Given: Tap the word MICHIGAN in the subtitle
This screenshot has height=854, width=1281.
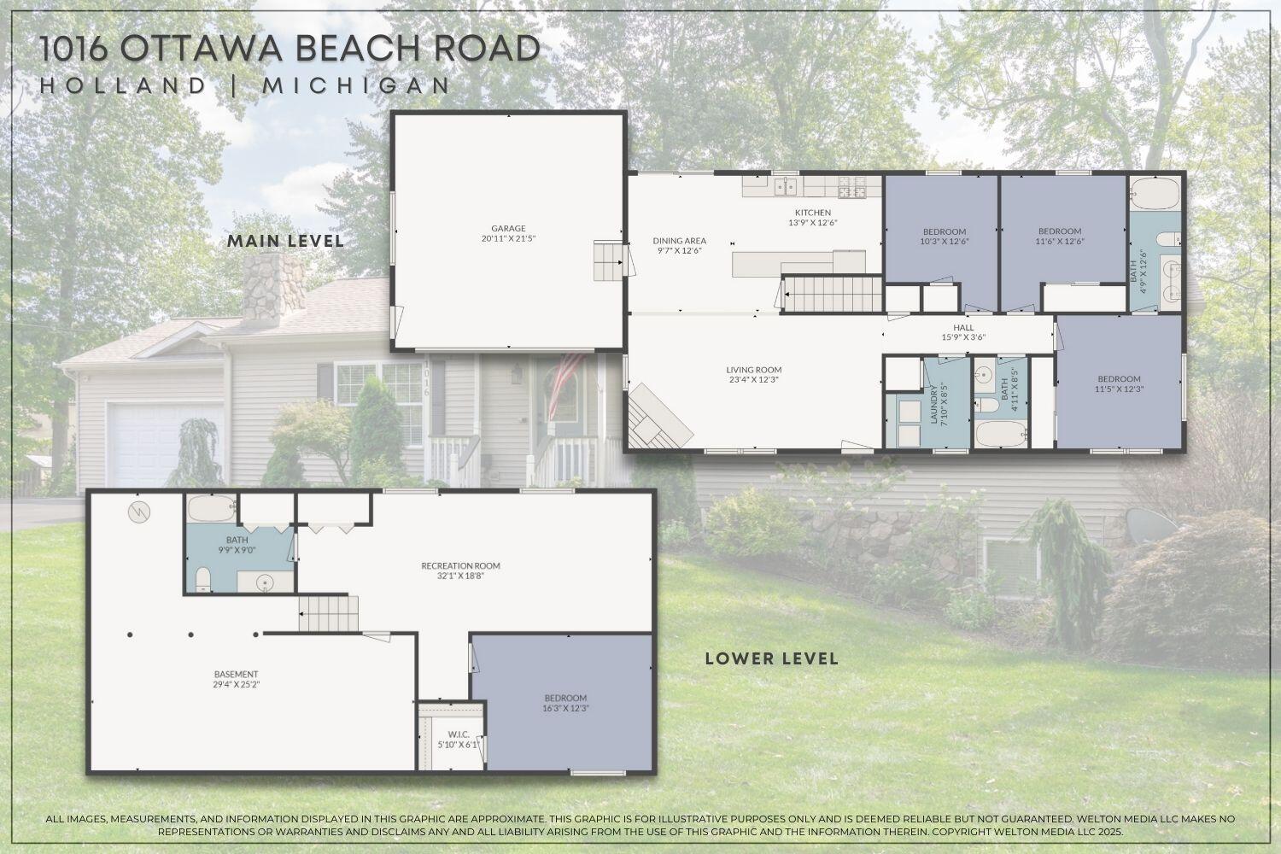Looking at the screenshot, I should pos(356,85).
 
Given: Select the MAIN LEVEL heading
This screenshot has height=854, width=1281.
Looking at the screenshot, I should pos(285,241).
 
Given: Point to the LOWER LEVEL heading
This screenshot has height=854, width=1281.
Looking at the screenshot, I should pos(771,658).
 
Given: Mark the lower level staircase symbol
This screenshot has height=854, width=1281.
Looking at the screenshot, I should pos(328,613).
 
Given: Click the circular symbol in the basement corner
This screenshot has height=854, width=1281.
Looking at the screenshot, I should pos(137,512).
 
